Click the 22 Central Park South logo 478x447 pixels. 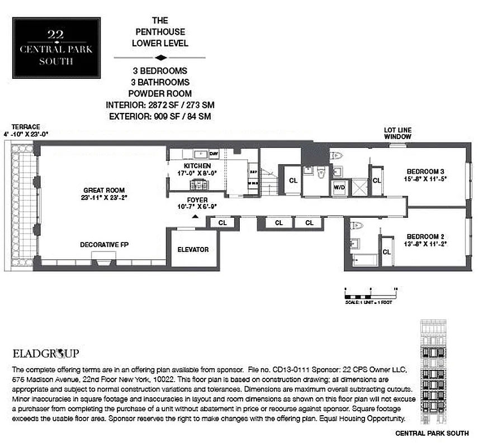coord(56,47)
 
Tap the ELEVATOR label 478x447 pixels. coord(193,250)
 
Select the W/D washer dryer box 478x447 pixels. coord(339,188)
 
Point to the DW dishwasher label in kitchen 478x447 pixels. coord(213,154)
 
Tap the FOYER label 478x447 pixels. coord(197,199)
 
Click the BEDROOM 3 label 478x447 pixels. coord(424,171)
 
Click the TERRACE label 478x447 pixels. coord(22,127)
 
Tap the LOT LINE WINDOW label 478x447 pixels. coord(397,133)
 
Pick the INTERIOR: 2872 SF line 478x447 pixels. coord(160,105)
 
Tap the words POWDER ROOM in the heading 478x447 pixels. coord(160,94)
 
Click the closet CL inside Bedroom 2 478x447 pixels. coord(386,252)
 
